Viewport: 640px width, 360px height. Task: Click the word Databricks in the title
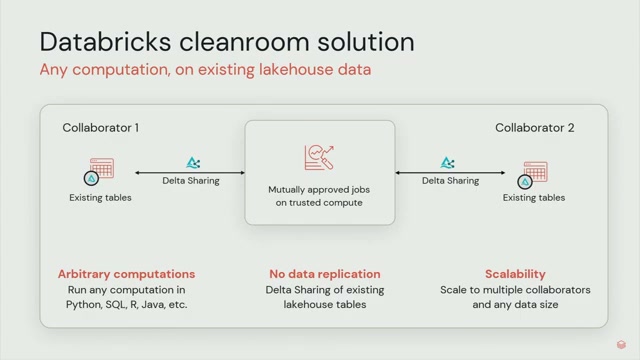105,42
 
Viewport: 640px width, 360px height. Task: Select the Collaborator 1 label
100,128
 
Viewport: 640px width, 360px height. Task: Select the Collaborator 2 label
535,128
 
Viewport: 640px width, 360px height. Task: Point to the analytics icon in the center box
319,157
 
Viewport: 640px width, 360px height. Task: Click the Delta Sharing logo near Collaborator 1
193,162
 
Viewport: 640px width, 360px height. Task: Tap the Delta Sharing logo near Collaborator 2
447,162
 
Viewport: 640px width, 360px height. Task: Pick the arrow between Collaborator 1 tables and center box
190,173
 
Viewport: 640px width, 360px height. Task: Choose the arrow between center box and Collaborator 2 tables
450,173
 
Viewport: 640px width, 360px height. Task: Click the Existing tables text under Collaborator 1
100,198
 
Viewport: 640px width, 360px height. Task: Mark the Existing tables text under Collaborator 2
534,198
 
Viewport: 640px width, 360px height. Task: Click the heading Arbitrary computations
127,274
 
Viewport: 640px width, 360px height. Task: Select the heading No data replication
325,274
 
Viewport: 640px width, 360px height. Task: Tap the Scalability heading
515,274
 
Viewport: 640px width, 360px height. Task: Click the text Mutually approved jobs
319,190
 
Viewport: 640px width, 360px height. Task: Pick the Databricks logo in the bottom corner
621,345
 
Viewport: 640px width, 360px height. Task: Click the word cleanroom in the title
244,42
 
